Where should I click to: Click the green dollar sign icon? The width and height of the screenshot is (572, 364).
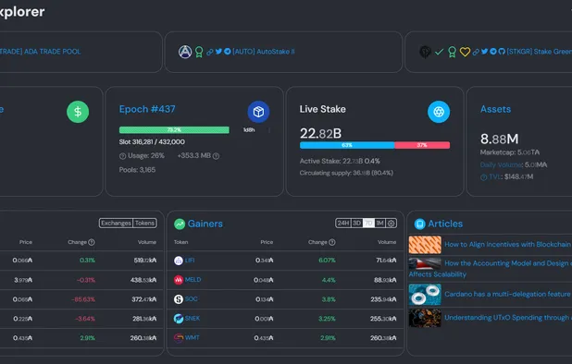pyautogui.click(x=78, y=112)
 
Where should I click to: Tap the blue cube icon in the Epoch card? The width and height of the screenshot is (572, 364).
pyautogui.click(x=258, y=111)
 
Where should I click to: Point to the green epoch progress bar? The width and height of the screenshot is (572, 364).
pyautogui.click(x=174, y=130)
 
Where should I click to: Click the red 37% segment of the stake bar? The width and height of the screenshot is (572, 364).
pyautogui.click(x=422, y=145)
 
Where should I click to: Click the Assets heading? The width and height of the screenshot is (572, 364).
pyautogui.click(x=495, y=109)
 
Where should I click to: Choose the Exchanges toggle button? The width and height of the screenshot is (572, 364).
pyautogui.click(x=116, y=223)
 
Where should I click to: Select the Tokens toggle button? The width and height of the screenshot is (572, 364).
pyautogui.click(x=145, y=223)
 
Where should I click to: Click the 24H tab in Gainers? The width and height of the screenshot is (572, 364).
pyautogui.click(x=343, y=224)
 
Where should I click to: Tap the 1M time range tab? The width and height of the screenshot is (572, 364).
pyautogui.click(x=379, y=224)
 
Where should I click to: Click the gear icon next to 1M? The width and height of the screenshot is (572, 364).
pyautogui.click(x=392, y=224)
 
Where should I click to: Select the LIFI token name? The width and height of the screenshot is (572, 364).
pyautogui.click(x=191, y=261)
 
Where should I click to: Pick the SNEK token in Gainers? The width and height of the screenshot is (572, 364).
pyautogui.click(x=193, y=318)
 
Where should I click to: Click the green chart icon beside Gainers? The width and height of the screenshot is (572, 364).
pyautogui.click(x=179, y=224)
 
